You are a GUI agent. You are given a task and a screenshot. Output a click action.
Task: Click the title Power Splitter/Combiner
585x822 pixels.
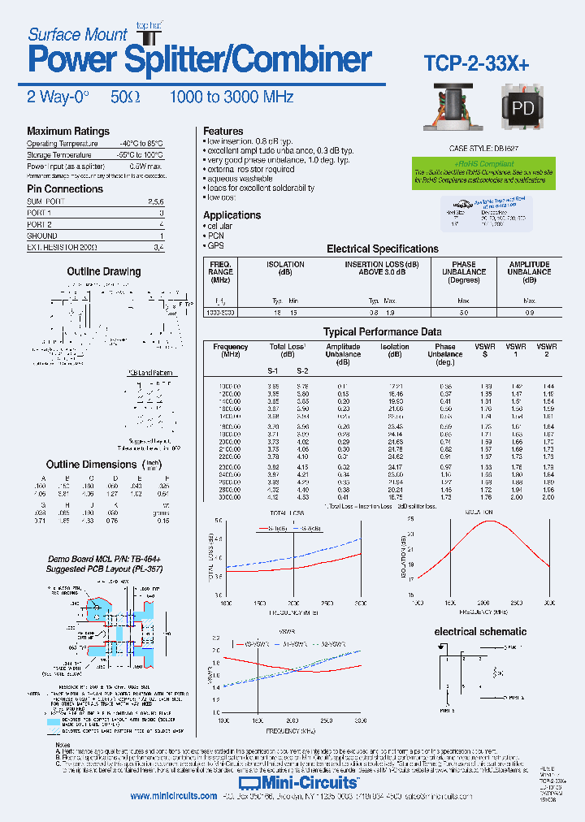pos(200,60)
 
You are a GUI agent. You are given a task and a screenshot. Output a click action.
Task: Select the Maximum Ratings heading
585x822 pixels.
pos(68,132)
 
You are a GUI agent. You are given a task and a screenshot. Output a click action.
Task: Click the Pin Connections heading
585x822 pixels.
pos(65,189)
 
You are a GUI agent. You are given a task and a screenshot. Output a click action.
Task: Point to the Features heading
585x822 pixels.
pos(223,131)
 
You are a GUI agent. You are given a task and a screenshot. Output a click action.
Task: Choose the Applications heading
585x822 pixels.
pos(232,215)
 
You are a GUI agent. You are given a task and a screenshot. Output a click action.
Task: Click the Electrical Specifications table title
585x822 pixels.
pos(382,249)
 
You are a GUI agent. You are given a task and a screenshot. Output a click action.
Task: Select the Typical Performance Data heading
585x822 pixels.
pos(382,332)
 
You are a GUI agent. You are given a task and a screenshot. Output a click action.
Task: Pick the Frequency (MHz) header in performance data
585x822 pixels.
pos(231,351)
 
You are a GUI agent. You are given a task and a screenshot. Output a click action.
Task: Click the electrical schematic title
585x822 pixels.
pos(480,631)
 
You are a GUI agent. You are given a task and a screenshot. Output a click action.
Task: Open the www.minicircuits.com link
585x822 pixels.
pos(173,796)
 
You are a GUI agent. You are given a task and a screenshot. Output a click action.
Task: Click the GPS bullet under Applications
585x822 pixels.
pos(214,245)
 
